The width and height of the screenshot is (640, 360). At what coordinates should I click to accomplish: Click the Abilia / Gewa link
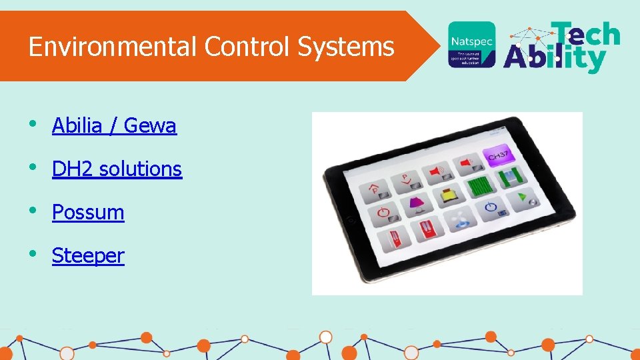114,125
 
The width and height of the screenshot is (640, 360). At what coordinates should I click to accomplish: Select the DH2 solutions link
117,169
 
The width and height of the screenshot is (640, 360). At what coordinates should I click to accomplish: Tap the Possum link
88,212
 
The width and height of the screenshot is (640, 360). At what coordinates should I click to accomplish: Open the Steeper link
88,255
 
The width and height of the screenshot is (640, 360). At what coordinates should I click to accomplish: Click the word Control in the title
248,47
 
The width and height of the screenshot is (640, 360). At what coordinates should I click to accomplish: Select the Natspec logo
471,45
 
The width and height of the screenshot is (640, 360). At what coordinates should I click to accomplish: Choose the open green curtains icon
511,177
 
